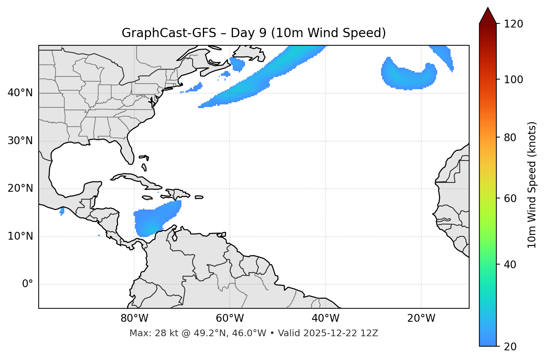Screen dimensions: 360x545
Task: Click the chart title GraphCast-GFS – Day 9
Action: (x=254, y=33)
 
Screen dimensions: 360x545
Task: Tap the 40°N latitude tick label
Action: (x=20, y=93)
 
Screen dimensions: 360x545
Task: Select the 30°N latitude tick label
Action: (x=20, y=141)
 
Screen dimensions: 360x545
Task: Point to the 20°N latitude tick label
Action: (x=20, y=188)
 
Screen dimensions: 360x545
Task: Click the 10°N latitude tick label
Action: (x=20, y=236)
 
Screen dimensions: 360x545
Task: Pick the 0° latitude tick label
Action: (x=28, y=284)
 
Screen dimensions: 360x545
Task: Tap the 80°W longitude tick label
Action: (x=134, y=318)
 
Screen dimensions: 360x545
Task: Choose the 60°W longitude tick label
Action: (x=230, y=318)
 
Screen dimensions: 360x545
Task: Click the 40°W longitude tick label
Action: (x=325, y=318)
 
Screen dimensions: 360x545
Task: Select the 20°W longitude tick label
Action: (x=421, y=318)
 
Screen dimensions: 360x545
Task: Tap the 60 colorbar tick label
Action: (x=512, y=198)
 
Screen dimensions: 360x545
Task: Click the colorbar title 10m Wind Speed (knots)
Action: (x=532, y=185)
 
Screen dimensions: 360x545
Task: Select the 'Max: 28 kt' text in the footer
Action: (x=146, y=333)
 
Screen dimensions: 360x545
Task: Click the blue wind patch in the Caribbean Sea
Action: (x=152, y=221)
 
